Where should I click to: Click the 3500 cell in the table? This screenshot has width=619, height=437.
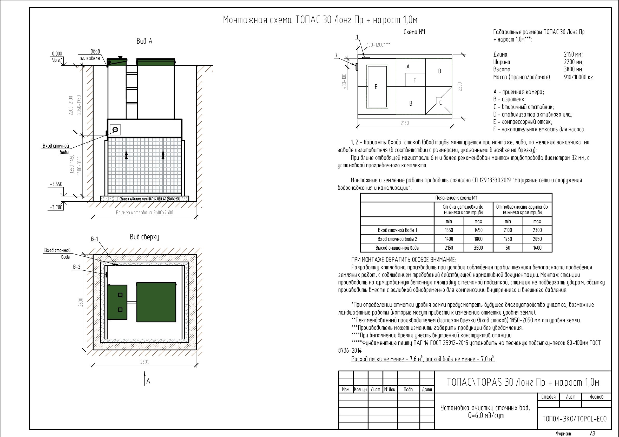(478, 248)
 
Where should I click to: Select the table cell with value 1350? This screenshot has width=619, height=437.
(449, 230)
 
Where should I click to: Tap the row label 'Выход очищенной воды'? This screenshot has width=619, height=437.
(397, 248)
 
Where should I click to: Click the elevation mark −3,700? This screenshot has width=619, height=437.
(56, 207)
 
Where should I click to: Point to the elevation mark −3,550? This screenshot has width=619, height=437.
(56, 185)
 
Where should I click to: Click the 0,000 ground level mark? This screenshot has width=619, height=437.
(57, 54)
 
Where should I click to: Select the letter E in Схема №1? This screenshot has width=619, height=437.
(376, 87)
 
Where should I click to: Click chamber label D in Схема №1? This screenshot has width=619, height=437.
(440, 71)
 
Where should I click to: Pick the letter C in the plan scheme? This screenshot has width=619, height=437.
(440, 102)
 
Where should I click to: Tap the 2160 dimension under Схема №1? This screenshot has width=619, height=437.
(405, 123)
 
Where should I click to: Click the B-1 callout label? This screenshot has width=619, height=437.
(94, 239)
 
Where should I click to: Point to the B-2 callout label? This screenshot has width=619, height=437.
(77, 267)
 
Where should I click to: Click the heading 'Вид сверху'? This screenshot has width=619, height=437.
(144, 237)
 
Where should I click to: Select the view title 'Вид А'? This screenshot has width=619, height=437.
(144, 41)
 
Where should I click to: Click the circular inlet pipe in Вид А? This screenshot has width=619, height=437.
(115, 129)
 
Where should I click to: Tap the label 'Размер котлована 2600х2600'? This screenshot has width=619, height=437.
(144, 213)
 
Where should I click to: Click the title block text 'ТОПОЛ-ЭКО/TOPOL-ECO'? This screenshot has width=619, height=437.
(575, 419)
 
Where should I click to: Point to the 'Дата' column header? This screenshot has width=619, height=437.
(427, 389)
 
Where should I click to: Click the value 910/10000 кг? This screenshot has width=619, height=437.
(579, 77)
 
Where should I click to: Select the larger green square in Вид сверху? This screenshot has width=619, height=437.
(156, 302)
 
